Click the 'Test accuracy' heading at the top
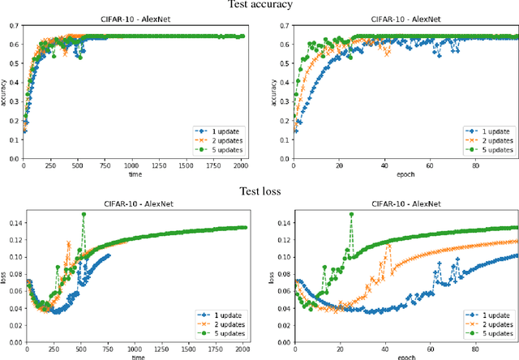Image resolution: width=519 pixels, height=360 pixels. point(259,6)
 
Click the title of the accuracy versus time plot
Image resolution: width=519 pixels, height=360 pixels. point(135,17)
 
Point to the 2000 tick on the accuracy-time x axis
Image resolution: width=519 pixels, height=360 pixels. point(241,165)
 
